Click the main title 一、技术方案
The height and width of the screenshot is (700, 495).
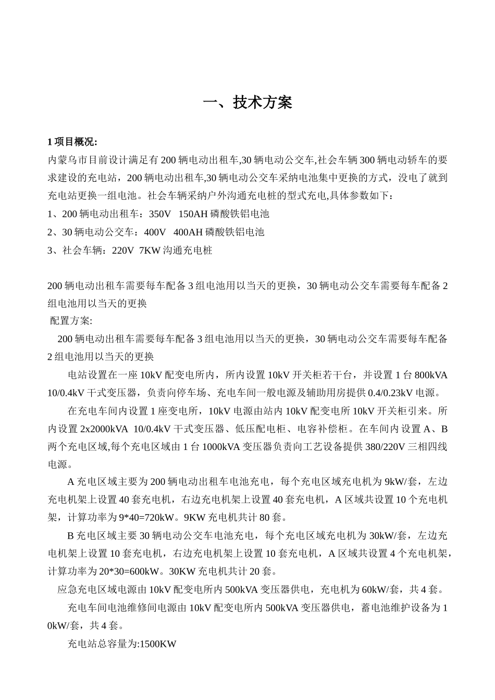247,103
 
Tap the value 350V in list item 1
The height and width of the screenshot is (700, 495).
159,214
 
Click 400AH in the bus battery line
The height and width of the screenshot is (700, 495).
188,232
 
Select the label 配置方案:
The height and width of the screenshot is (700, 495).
70,321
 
